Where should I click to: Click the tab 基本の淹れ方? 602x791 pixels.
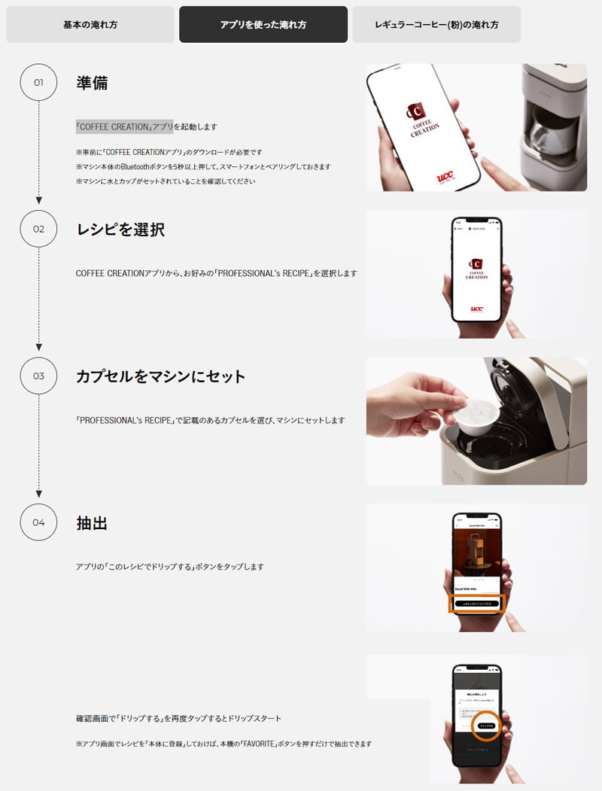click(x=90, y=25)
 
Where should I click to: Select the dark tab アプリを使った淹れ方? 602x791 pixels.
click(x=263, y=25)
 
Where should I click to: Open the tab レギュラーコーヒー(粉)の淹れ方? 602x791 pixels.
click(x=436, y=25)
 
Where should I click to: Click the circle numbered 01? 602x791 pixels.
click(x=38, y=82)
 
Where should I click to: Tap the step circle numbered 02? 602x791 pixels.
click(x=38, y=229)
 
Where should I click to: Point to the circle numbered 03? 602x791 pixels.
click(x=38, y=376)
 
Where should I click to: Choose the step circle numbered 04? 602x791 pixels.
click(x=38, y=522)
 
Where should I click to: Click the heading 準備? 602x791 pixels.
click(x=92, y=83)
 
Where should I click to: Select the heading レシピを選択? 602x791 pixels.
click(x=120, y=230)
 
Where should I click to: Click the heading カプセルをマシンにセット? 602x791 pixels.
click(x=161, y=376)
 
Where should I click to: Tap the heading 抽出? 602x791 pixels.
click(x=92, y=523)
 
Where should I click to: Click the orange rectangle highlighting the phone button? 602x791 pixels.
click(x=477, y=604)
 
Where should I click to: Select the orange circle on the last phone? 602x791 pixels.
click(x=487, y=726)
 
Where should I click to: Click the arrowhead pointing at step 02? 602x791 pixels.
click(x=38, y=201)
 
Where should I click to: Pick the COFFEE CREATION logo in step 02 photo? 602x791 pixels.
click(x=476, y=269)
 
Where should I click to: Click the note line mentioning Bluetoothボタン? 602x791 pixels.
click(x=203, y=166)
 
